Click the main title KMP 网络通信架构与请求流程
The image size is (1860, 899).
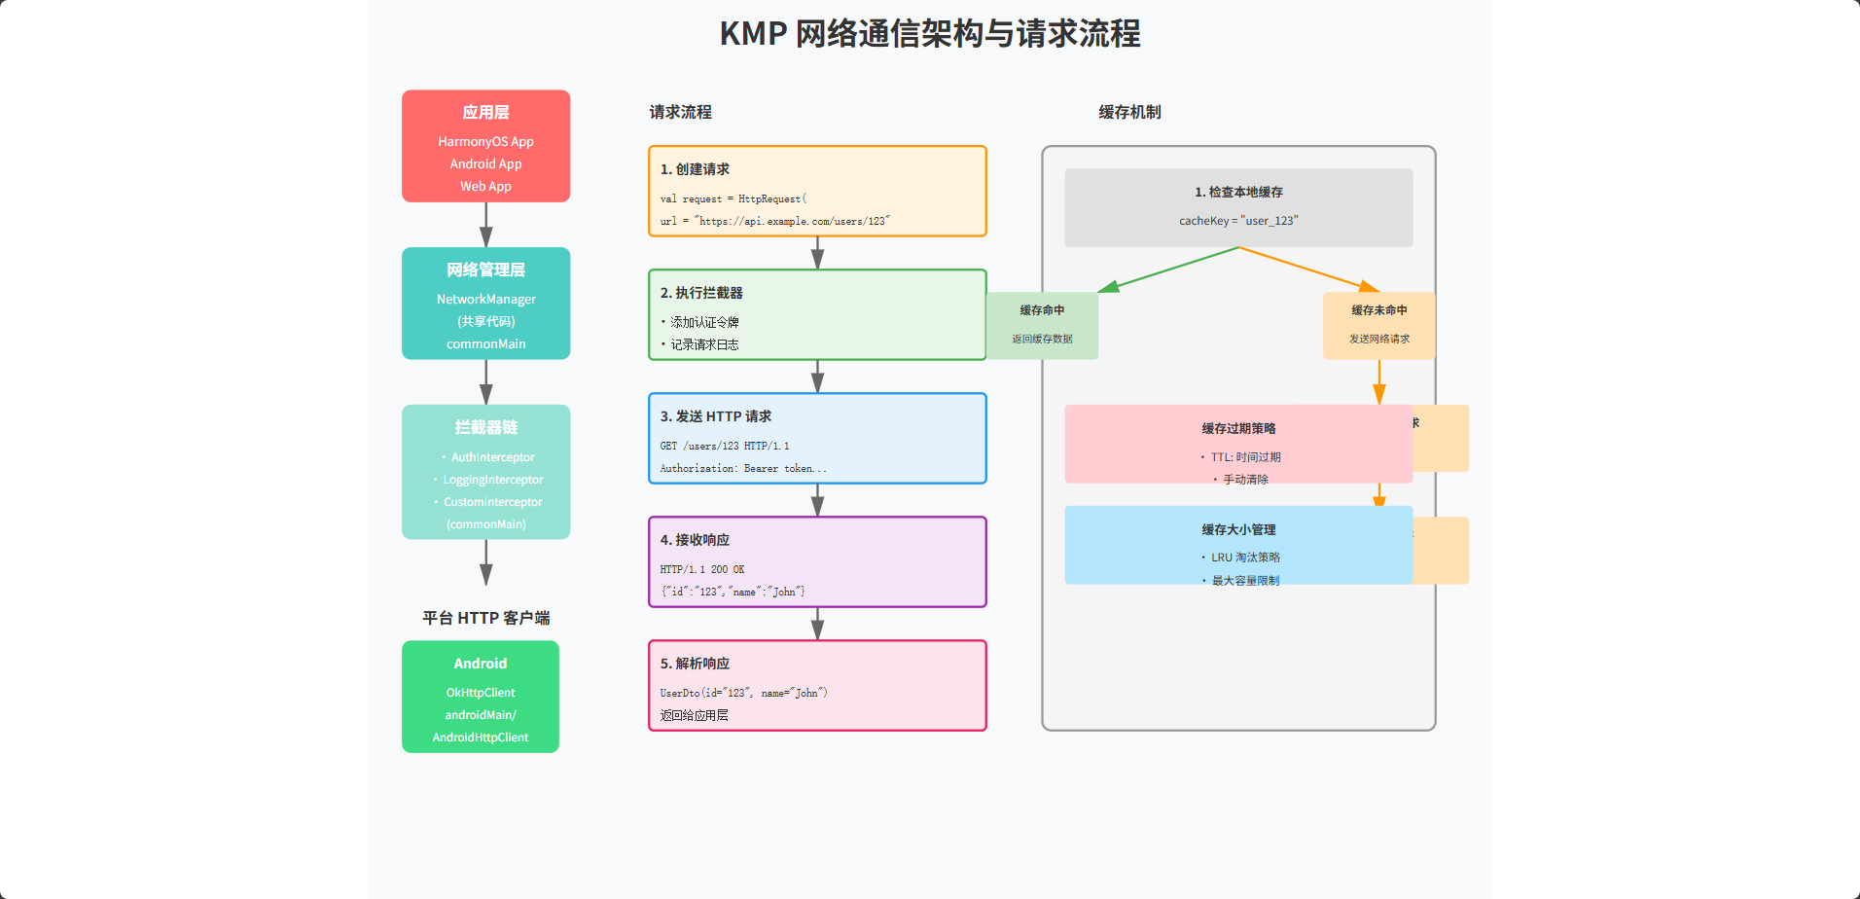[929, 34]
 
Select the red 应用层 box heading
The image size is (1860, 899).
[485, 113]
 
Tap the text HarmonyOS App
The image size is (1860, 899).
[485, 142]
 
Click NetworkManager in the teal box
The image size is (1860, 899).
[485, 300]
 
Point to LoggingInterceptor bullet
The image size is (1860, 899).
[492, 480]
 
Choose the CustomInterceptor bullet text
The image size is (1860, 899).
[492, 502]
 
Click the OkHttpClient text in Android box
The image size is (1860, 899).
[481, 693]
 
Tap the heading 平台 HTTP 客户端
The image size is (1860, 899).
[485, 618]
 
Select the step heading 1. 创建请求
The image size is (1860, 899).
[695, 169]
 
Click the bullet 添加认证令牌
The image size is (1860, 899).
[703, 322]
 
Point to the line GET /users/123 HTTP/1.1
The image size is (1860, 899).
[724, 446]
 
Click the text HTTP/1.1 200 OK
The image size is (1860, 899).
[701, 569]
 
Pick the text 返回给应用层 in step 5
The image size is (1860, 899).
[694, 715]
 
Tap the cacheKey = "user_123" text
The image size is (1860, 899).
[1237, 221]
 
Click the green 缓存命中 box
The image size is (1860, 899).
[1042, 325]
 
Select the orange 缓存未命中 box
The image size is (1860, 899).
[1378, 325]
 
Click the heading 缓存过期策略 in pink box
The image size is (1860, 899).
[1237, 429]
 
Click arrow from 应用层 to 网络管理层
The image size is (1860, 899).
[485, 225]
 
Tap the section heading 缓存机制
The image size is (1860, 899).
[1129, 113]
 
